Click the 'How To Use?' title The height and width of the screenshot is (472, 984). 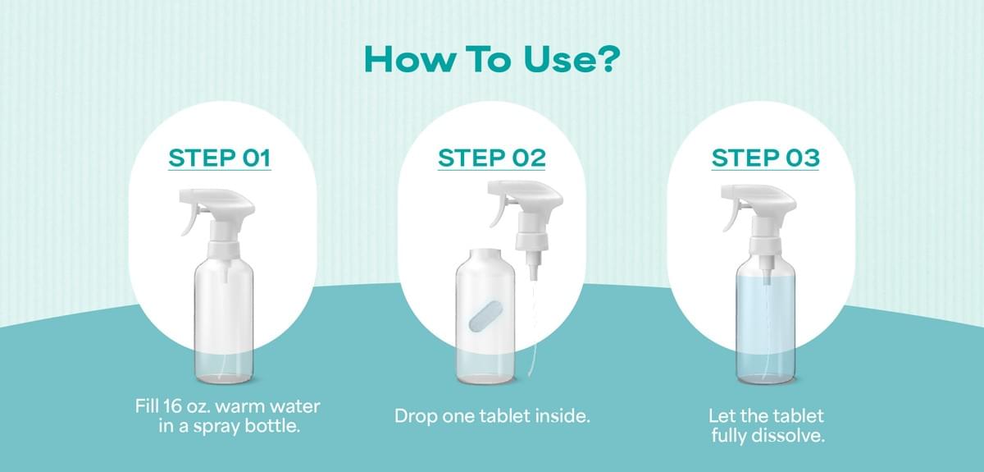tap(491, 60)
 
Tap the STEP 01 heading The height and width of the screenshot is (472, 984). tap(220, 158)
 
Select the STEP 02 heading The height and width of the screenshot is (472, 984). tap(491, 158)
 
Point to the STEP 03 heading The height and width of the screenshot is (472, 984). tap(765, 158)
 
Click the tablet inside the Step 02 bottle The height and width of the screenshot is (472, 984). tap(484, 315)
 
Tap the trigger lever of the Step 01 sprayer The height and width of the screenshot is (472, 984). tap(189, 220)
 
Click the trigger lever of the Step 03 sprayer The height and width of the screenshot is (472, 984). tap(731, 217)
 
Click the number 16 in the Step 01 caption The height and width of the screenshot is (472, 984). tap(172, 406)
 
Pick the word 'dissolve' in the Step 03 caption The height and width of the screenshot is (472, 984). tap(790, 436)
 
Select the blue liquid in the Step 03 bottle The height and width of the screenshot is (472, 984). tap(765, 328)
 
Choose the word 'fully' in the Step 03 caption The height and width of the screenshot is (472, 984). tap(730, 437)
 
